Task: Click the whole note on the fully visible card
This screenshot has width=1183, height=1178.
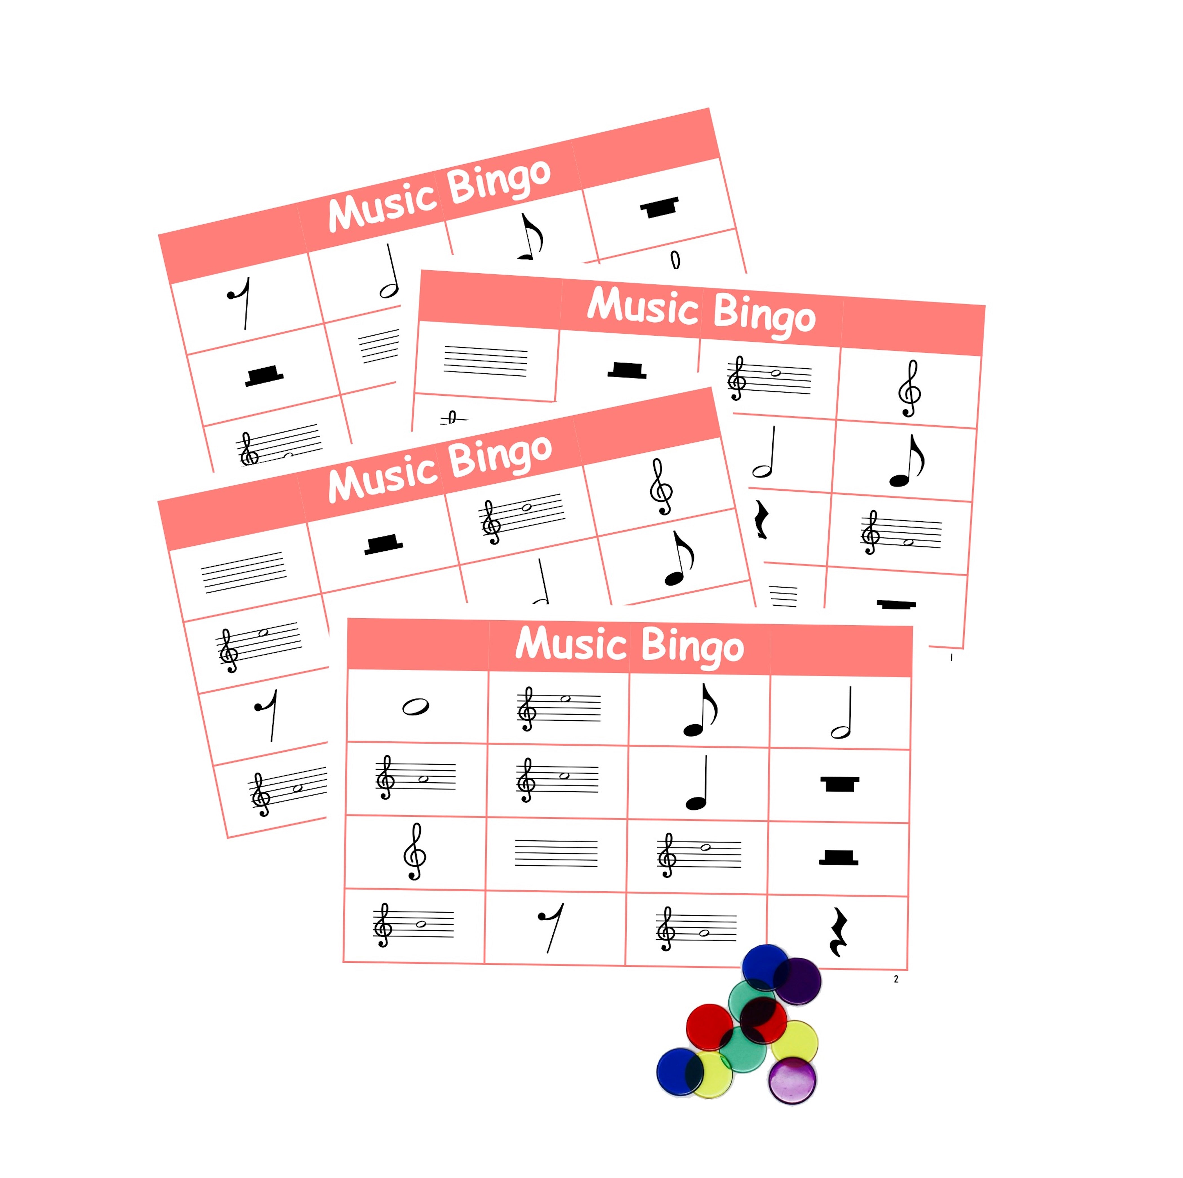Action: pyautogui.click(x=415, y=707)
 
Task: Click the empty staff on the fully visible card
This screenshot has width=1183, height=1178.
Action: pyautogui.click(x=556, y=853)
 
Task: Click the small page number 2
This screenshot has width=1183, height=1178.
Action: pyautogui.click(x=896, y=979)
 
